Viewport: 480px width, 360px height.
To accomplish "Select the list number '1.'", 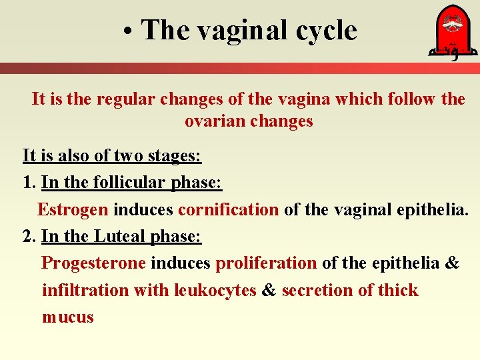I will pyautogui.click(x=29, y=183).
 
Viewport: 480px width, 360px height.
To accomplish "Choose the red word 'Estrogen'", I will pyautogui.click(x=72, y=209).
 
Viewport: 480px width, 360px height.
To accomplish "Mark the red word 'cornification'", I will pyautogui.click(x=228, y=209).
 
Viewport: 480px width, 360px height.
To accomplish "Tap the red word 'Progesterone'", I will pyautogui.click(x=93, y=263).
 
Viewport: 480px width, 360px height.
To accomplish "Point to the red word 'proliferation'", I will pyautogui.click(x=266, y=263).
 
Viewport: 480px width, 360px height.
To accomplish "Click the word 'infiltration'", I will pyautogui.click(x=85, y=290).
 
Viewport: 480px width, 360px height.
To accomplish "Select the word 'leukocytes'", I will pyautogui.click(x=215, y=290).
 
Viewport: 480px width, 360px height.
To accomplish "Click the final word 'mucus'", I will pyautogui.click(x=67, y=317).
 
